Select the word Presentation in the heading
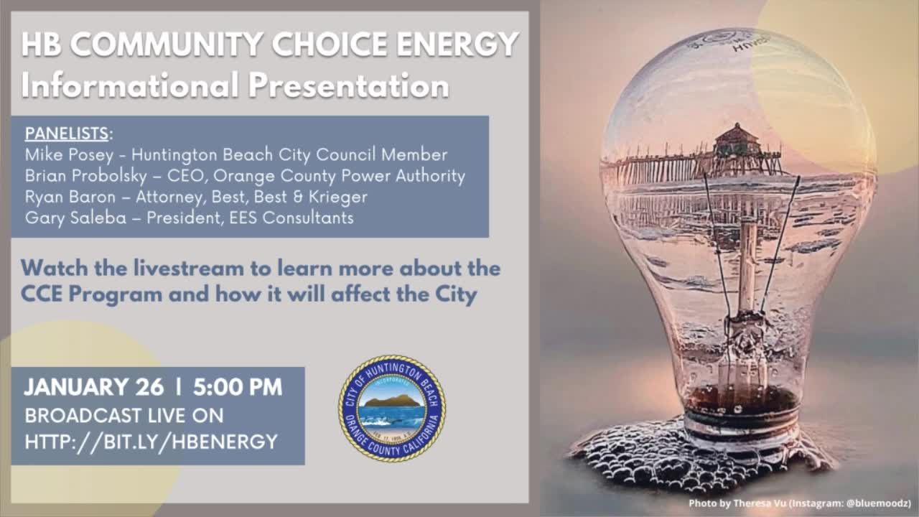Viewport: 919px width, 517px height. (x=349, y=85)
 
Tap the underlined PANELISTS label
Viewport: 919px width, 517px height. (x=67, y=134)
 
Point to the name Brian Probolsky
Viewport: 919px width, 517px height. (x=85, y=176)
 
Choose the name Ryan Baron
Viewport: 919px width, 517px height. (x=70, y=197)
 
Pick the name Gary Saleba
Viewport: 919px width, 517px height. (x=75, y=218)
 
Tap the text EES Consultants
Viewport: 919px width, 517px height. (x=291, y=218)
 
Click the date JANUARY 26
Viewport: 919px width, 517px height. (x=93, y=387)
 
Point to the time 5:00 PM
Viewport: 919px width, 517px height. (x=238, y=387)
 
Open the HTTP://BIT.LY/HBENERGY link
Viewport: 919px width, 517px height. (x=151, y=442)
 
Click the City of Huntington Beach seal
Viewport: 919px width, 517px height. (x=392, y=409)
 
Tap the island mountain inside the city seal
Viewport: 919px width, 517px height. (x=392, y=401)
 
